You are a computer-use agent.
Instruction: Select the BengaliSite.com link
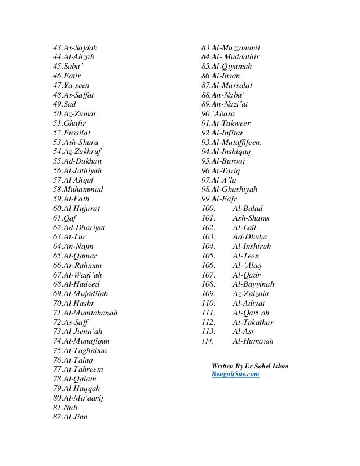click(235, 374)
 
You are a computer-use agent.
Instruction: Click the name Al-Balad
click(248, 209)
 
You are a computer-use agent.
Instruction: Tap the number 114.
click(207, 342)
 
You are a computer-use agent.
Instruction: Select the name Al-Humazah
click(253, 341)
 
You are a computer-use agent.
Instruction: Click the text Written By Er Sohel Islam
click(249, 366)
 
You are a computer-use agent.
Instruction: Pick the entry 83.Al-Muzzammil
click(234, 47)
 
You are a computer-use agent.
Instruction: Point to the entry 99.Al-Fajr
click(219, 199)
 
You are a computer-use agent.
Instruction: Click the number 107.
click(209, 275)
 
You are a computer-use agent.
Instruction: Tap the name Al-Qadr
click(247, 275)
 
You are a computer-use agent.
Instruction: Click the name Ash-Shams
click(251, 218)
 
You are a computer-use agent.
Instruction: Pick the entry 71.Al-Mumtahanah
click(85, 313)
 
